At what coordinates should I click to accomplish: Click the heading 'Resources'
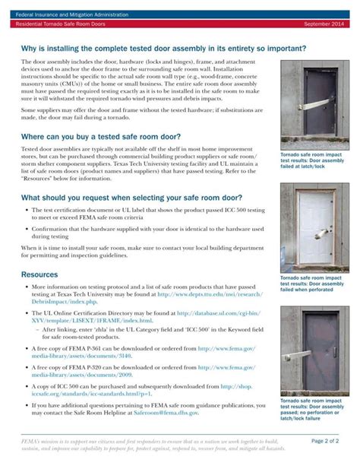pyautogui.click(x=39, y=274)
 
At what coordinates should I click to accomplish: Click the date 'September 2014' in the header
pyautogui.click(x=326, y=24)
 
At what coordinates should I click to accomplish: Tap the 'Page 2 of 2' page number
pyautogui.click(x=328, y=440)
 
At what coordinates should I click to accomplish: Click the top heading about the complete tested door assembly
pyautogui.click(x=163, y=49)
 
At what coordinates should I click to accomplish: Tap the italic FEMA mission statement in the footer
pyautogui.click(x=152, y=444)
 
